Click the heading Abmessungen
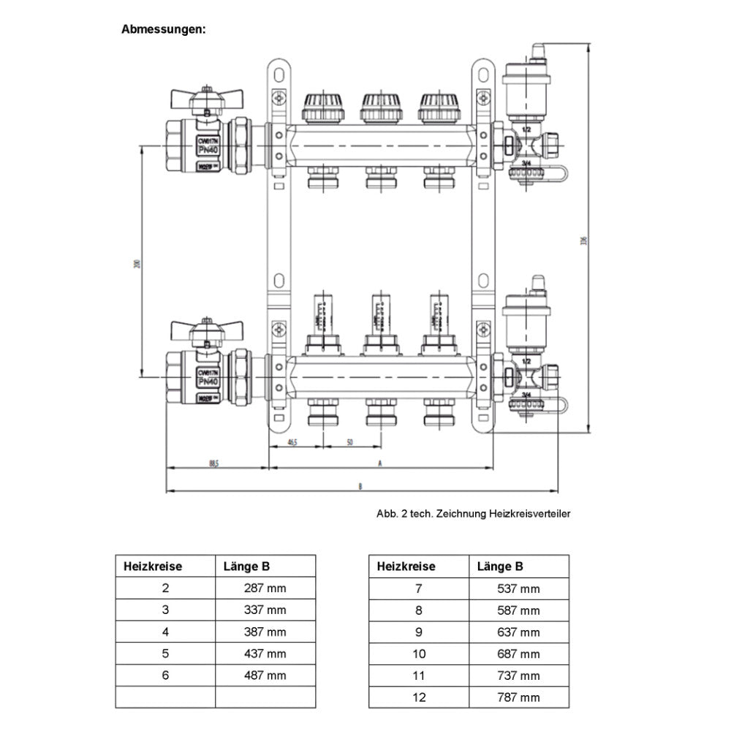click(x=163, y=30)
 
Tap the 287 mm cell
click(x=265, y=588)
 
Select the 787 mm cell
click(x=518, y=697)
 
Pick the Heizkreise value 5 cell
click(x=165, y=654)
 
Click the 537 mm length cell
click(x=518, y=588)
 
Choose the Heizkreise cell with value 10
click(x=419, y=654)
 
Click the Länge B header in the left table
click(x=246, y=566)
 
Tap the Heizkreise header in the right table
click(x=406, y=566)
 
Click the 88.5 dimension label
click(x=213, y=463)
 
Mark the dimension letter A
click(x=379, y=463)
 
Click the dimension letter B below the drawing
click(x=359, y=485)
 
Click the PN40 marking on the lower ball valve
click(x=208, y=381)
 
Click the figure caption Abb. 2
click(x=474, y=514)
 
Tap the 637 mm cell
click(x=518, y=632)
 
